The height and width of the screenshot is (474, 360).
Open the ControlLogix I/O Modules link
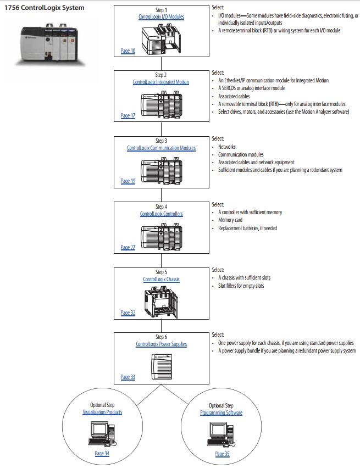pos(161,17)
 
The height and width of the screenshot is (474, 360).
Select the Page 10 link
pos(128,51)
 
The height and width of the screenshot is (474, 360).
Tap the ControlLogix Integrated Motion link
pos(160,82)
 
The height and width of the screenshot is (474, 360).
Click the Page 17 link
pos(128,116)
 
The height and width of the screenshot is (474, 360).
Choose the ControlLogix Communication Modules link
pos(161,148)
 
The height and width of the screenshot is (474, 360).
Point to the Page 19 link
pos(128,181)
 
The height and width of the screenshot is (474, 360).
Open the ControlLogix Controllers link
pos(161,214)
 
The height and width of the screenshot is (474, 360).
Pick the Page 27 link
pos(128,247)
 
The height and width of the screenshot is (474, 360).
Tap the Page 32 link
pos(128,313)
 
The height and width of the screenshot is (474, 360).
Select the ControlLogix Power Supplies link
pos(161,344)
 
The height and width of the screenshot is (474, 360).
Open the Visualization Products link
pos(102,412)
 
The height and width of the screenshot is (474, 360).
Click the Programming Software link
pos(221,412)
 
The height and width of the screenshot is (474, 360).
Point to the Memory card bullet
pos(230,220)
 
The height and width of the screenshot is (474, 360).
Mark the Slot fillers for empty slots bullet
pos(241,286)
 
